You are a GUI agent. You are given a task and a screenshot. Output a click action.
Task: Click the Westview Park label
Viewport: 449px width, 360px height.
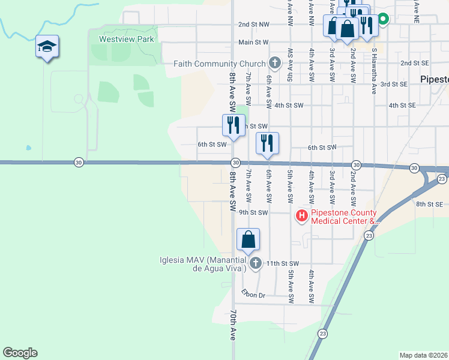(x=122, y=40)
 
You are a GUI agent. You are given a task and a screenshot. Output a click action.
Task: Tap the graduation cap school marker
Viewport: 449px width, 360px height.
(x=47, y=47)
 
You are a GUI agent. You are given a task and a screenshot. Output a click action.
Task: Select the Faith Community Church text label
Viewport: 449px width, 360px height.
(x=220, y=64)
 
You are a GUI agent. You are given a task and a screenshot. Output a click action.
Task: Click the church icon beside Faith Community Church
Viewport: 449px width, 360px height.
(x=274, y=63)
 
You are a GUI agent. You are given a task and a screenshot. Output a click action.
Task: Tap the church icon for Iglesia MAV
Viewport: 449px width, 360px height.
(x=256, y=263)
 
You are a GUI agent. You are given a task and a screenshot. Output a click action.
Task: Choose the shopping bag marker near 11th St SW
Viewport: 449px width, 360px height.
(x=248, y=240)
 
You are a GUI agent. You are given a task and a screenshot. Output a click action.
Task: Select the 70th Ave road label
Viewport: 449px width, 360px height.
(x=233, y=326)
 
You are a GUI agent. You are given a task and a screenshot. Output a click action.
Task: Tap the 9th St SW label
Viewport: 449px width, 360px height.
(x=252, y=212)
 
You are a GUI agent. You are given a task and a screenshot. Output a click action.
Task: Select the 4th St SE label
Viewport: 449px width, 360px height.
(x=402, y=105)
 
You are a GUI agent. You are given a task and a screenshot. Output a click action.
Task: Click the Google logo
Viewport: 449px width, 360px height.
(x=20, y=353)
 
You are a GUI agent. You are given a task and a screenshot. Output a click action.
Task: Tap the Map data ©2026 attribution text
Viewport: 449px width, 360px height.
(x=423, y=355)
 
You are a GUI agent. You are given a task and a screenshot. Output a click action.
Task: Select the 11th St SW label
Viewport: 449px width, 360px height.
(x=282, y=263)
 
